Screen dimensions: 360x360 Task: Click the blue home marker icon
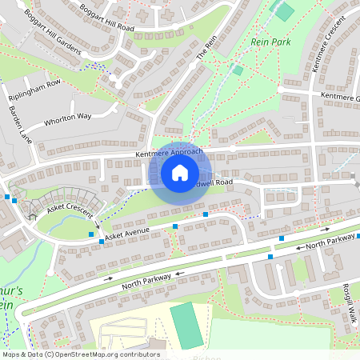179,172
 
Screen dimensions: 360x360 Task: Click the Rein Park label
269,42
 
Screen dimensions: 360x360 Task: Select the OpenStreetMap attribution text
80,354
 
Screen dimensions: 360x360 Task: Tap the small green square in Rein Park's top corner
282,10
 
